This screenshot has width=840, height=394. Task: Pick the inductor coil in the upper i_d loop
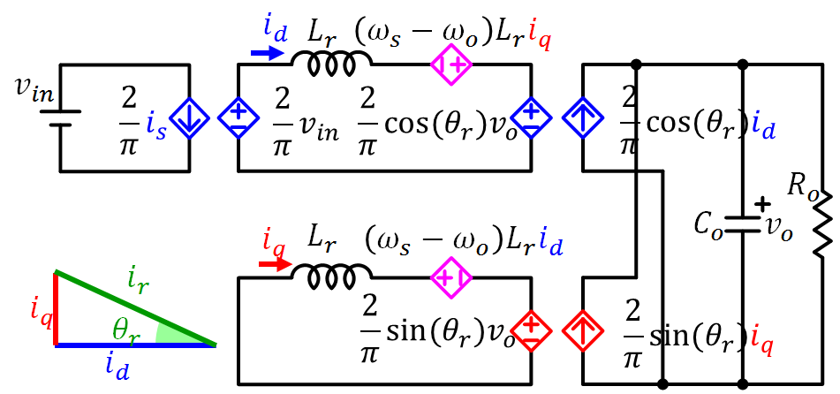pyautogui.click(x=331, y=63)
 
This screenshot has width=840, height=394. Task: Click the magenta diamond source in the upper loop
pyautogui.click(x=451, y=64)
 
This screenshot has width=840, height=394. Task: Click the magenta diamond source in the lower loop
pyautogui.click(x=451, y=279)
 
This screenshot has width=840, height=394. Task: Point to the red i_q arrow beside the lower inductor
pyautogui.click(x=273, y=263)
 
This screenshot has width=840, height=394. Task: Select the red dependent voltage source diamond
pyautogui.click(x=533, y=331)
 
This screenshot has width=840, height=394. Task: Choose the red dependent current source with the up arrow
pyautogui.click(x=583, y=331)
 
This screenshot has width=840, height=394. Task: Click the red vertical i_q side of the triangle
pyautogui.click(x=56, y=309)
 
